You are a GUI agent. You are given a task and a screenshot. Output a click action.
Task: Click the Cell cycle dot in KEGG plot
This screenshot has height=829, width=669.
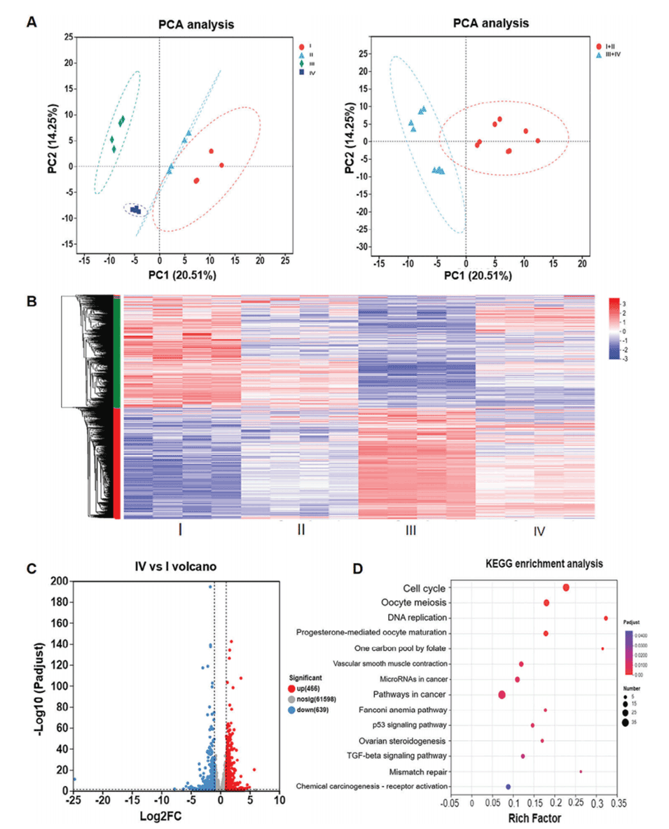pos(566,587)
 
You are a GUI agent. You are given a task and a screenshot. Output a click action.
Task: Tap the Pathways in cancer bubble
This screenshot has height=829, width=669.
pos(502,695)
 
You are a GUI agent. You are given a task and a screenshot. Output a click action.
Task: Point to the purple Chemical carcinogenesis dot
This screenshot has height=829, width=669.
pos(509,787)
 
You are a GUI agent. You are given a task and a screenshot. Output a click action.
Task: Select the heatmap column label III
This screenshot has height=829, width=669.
pos(411,530)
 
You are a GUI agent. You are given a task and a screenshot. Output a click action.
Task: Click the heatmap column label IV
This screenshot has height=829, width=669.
pos(539,531)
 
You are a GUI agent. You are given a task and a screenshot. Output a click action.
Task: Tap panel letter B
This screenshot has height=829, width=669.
pos(32,301)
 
